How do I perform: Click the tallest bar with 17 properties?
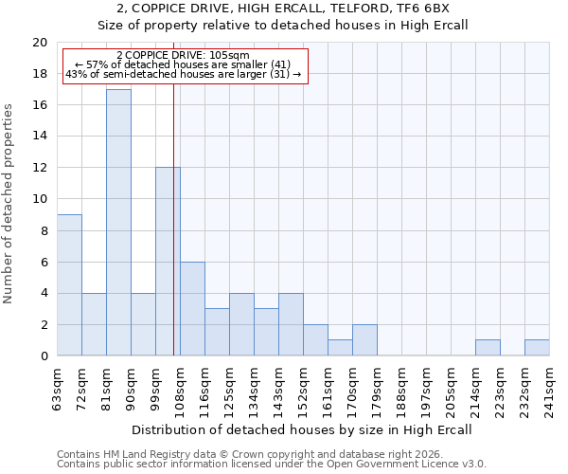coord(118,223)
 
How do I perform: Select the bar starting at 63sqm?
coord(69,285)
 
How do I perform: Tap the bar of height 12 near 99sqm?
coord(168,262)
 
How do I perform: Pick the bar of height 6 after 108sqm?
coord(192,309)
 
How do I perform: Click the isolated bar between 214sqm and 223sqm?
coord(488,348)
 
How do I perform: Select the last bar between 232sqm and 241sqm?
coord(537,348)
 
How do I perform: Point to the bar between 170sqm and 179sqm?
coord(364,340)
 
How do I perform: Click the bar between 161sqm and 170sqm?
coord(340,348)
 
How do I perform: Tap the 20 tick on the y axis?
coord(39,43)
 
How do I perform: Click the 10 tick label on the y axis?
coord(39,199)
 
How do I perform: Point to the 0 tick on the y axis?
coord(43,356)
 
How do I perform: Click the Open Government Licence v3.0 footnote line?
coord(272,465)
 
